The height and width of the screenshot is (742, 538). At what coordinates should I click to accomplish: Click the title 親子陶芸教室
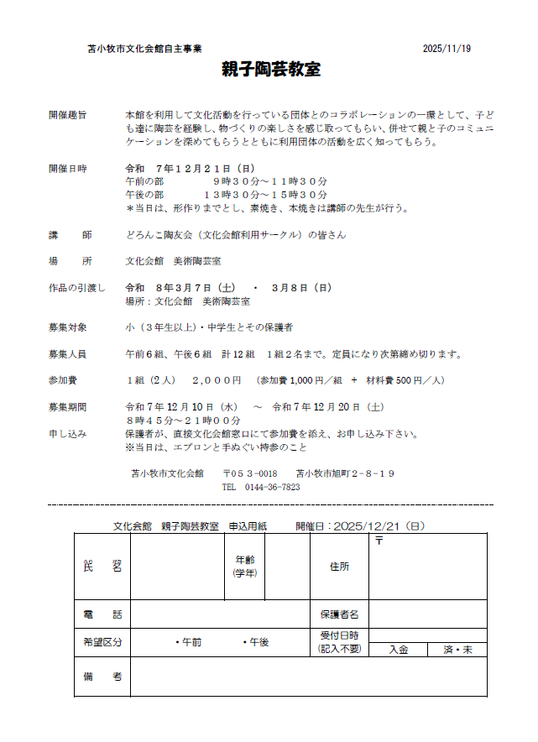pos(271,69)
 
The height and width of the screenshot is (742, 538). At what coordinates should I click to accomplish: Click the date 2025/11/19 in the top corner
pos(447,49)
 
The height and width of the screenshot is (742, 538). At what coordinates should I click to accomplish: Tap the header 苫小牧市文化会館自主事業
pos(144,49)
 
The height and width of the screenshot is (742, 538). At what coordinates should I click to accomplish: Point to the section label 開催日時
pos(68,168)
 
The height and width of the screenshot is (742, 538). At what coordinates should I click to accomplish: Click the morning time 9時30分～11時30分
pos(269,181)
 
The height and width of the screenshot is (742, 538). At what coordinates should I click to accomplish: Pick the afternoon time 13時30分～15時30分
pos(264,195)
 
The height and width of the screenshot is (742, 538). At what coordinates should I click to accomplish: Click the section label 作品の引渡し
pos(76,288)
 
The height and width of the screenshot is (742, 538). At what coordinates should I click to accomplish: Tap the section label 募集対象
pos(68,327)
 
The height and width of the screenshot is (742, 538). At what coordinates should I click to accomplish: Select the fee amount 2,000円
pos(217,380)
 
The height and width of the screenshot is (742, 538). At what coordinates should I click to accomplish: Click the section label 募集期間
pos(68,407)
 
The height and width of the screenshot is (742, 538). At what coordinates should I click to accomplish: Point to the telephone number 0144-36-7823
pos(272,487)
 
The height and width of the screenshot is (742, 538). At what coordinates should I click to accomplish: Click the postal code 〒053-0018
pos(250,473)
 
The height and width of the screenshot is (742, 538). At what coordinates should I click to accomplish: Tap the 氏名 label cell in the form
pos(102,567)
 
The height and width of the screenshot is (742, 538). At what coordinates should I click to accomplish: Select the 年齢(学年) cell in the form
pos(244,567)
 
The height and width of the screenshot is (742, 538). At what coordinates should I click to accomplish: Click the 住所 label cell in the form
pos(339,567)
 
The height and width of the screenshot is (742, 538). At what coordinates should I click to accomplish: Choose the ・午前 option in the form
pos(188,642)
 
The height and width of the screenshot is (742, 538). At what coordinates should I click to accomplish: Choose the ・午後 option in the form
pos(255,642)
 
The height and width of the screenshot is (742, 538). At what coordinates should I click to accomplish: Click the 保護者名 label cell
pos(339,614)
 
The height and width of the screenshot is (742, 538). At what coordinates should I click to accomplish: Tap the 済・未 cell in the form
pos(457,650)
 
